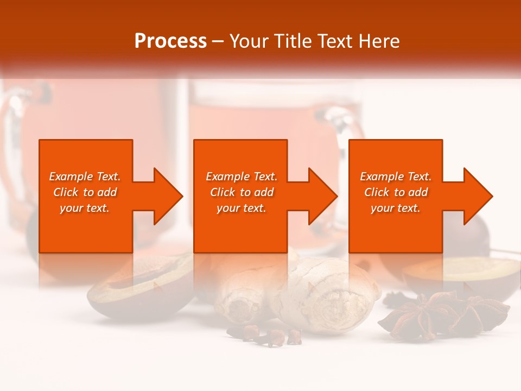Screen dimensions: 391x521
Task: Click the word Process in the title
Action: [170, 41]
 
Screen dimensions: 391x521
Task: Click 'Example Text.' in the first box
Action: [85, 176]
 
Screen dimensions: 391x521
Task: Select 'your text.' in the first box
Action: [85, 208]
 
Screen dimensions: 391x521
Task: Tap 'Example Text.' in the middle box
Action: [242, 176]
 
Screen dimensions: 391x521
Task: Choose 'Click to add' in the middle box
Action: [242, 192]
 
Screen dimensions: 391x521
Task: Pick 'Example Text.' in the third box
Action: [396, 176]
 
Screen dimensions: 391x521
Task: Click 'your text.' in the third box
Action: [396, 208]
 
